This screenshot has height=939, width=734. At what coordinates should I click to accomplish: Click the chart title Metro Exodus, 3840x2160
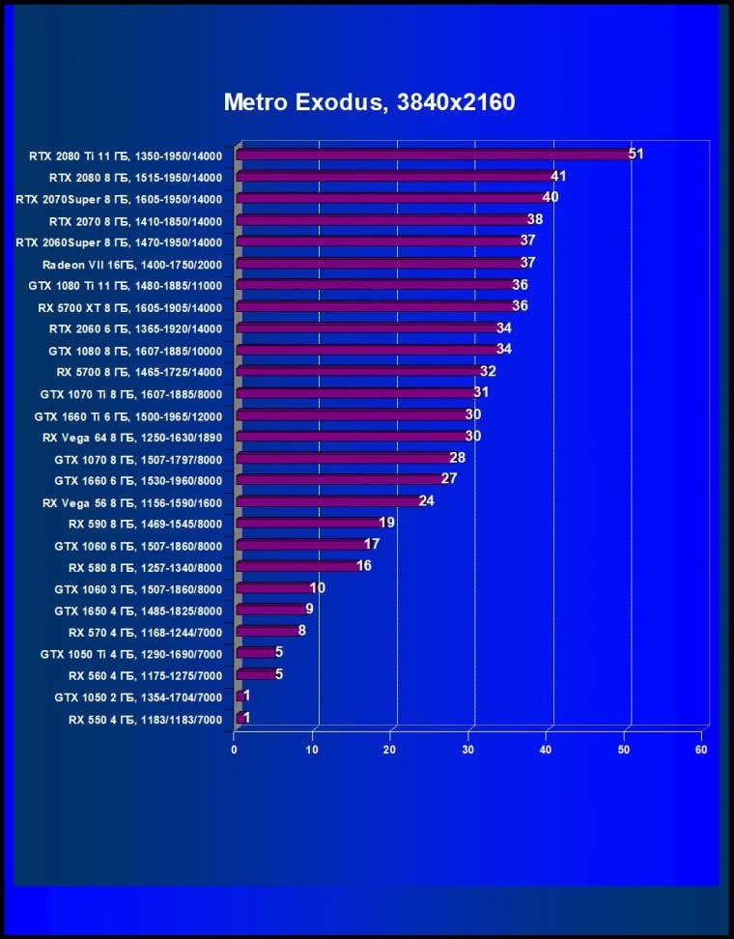click(369, 102)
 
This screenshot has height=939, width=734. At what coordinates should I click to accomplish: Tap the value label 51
click(635, 154)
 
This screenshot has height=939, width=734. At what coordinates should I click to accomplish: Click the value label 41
click(557, 176)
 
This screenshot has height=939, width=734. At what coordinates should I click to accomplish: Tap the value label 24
click(426, 500)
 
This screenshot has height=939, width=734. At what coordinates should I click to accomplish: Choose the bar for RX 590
click(308, 524)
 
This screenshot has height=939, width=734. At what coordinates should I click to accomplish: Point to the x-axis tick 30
click(468, 750)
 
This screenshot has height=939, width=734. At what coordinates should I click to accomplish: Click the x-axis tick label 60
click(702, 750)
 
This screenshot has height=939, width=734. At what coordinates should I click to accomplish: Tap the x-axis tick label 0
click(235, 750)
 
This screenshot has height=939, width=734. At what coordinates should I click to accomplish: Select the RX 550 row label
click(145, 719)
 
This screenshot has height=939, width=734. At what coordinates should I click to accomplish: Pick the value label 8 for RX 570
click(301, 631)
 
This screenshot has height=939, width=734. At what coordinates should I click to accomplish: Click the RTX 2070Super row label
click(119, 199)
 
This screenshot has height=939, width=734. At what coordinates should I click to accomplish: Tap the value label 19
click(386, 523)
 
